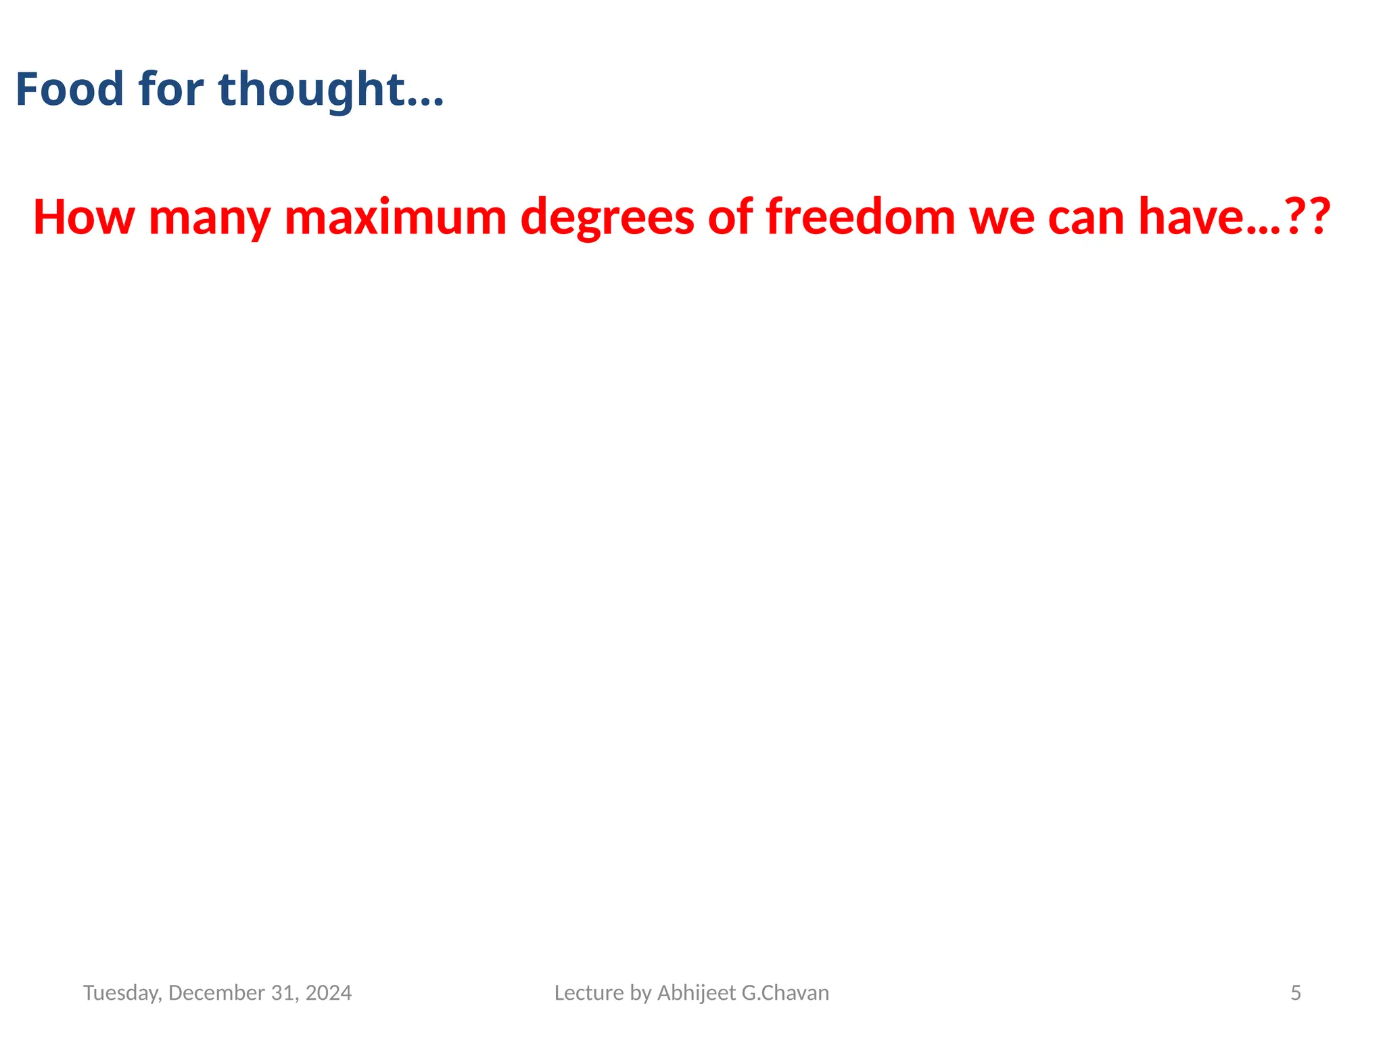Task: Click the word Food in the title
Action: coord(70,89)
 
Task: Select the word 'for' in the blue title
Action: coord(171,89)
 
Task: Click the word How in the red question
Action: coord(83,217)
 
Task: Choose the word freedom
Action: coord(861,217)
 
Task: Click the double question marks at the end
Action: coord(1307,217)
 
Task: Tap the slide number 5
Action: coord(1296,993)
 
